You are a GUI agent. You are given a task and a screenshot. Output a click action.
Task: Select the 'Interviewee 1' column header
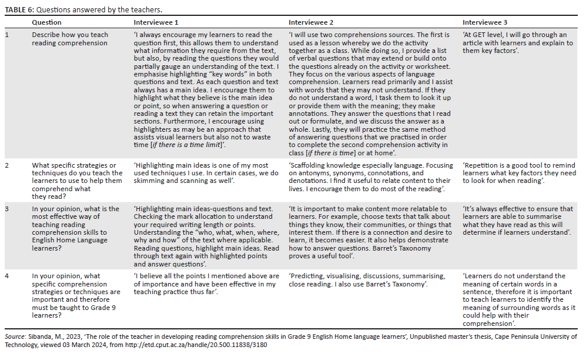[156, 22]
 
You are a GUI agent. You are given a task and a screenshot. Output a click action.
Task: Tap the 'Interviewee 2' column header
[311, 22]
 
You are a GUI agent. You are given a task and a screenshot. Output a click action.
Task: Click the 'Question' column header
[46, 22]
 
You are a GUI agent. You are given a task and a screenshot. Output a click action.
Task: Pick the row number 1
[7, 35]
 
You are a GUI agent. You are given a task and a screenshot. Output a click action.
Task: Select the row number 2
[7, 166]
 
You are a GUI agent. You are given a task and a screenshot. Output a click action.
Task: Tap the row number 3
[7, 209]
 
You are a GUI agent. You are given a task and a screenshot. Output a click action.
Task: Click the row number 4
[7, 276]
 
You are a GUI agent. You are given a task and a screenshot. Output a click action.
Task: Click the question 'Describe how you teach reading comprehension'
[69, 39]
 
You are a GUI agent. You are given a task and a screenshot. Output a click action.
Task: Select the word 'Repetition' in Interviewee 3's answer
[483, 166]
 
